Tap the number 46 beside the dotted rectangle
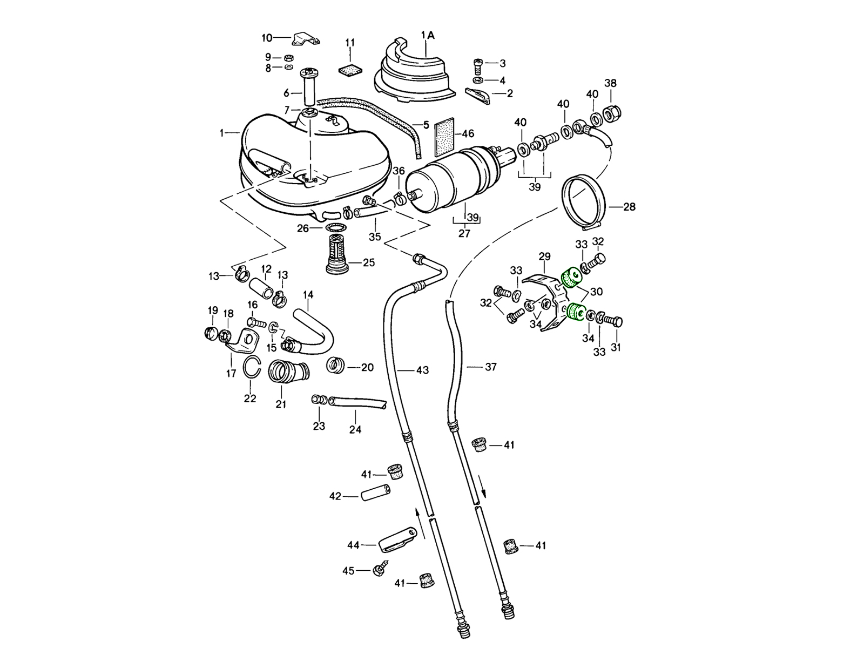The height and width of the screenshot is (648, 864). tap(468, 133)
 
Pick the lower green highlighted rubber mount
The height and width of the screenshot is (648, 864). tap(576, 312)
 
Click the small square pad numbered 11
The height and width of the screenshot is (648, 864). tap(349, 70)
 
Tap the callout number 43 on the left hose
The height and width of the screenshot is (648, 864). tap(422, 370)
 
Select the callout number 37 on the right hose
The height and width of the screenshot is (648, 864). tap(490, 367)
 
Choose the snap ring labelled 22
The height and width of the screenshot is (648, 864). tap(251, 368)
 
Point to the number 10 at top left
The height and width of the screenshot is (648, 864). tap(267, 38)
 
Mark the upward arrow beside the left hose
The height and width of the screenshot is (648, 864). tap(417, 516)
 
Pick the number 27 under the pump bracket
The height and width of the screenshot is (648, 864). tap(464, 233)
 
